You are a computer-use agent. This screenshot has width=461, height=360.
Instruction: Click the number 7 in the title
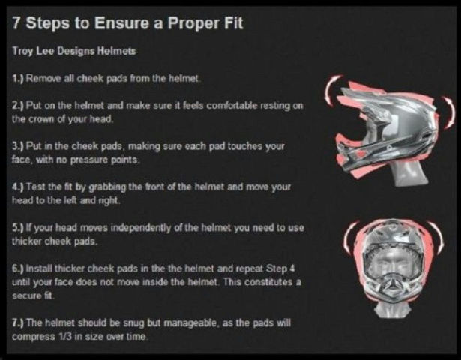[16, 23]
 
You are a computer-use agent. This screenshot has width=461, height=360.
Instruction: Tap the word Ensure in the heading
[121, 23]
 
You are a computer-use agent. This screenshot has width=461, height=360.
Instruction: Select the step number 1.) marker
[18, 79]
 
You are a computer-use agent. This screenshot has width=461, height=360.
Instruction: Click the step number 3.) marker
[18, 146]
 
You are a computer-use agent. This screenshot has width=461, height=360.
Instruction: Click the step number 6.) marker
[18, 268]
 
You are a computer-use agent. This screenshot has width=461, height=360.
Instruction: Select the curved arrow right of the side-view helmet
[449, 112]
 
